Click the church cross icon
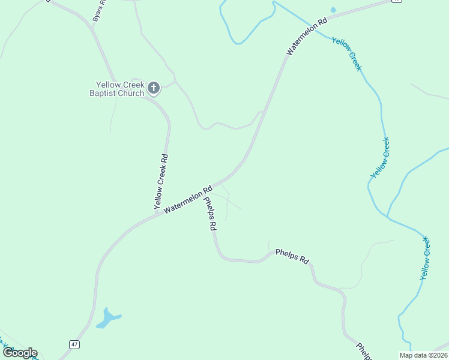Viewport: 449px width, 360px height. pos(154,88)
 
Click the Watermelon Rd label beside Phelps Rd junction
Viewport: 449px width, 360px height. pos(188,199)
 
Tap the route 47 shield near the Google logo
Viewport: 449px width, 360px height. pos(74,344)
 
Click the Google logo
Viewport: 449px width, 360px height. pos(20,353)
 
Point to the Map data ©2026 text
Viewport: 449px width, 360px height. pos(423,355)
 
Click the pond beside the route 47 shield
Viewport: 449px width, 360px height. pos(108,318)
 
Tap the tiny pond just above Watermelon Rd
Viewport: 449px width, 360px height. pos(333,10)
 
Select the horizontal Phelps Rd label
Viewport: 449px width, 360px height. pos(292,256)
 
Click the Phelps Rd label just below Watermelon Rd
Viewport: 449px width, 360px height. pos(209,214)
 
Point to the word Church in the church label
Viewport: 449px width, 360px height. pos(131,93)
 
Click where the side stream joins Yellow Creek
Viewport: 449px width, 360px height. pos(388,217)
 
